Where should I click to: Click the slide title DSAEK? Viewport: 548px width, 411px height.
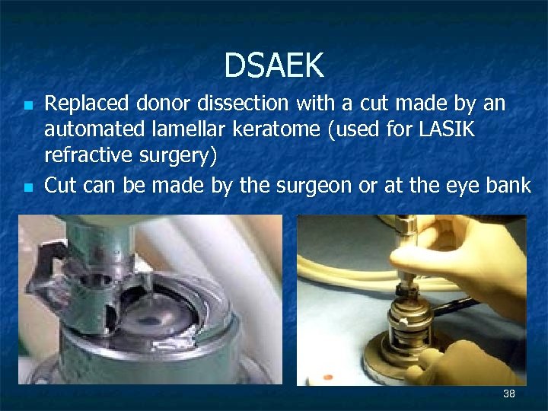click(x=274, y=66)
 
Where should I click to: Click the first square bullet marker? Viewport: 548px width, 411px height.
click(x=27, y=104)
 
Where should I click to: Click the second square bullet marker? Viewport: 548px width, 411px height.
click(x=27, y=186)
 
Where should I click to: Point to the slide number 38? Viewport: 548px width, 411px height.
click(x=509, y=393)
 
